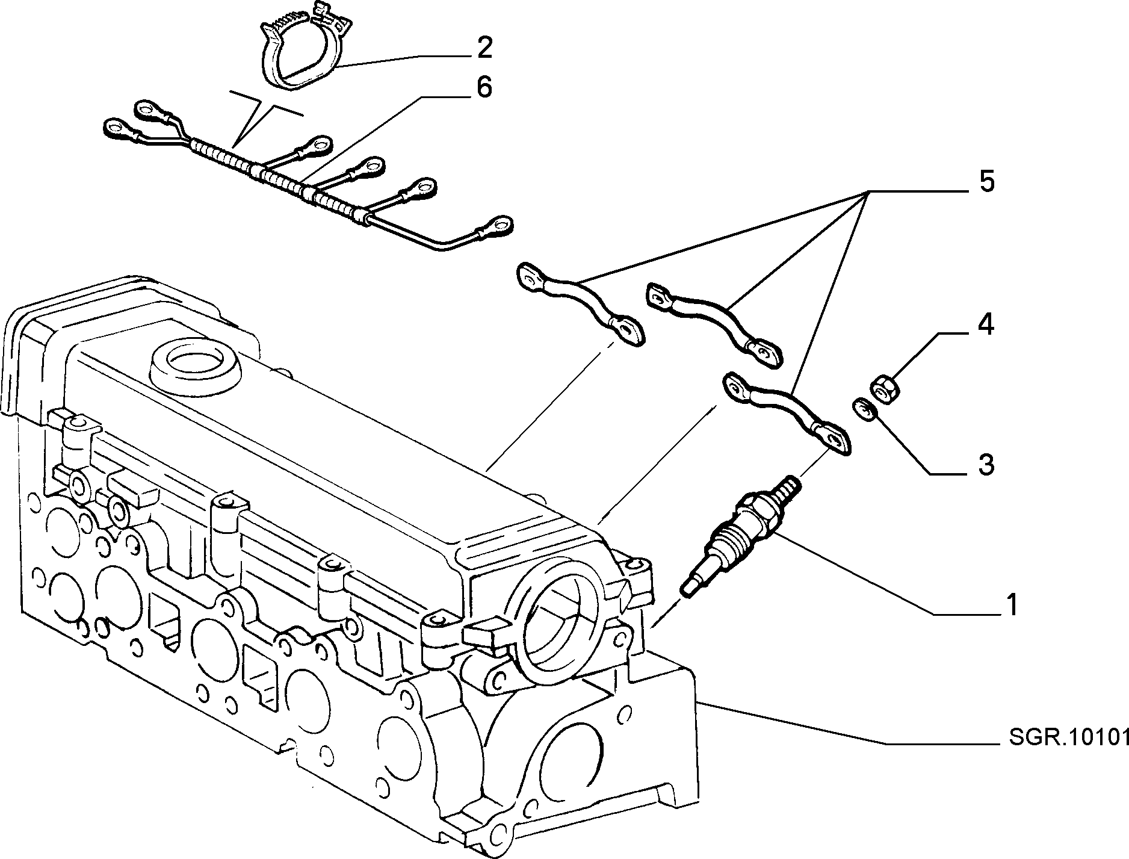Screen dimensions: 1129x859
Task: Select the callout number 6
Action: click(483, 88)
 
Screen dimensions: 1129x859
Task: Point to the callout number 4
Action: click(985, 325)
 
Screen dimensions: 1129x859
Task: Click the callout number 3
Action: click(986, 465)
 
